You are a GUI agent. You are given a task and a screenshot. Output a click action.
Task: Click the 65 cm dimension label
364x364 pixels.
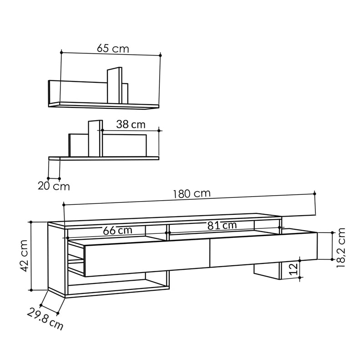point(113,49)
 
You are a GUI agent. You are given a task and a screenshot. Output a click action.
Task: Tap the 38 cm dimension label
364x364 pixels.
point(131,124)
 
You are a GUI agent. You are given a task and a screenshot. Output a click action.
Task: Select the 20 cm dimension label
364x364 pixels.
point(54,186)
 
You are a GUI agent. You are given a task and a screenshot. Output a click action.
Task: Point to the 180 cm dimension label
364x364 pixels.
point(192,194)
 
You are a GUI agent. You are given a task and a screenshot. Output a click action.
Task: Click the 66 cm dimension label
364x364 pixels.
point(117,231)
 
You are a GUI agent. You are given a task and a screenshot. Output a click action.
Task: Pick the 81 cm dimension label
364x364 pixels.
point(222,225)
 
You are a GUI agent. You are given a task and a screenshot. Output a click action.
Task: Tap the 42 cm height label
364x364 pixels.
point(24,256)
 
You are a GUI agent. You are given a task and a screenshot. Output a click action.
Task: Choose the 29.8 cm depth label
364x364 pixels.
point(45,319)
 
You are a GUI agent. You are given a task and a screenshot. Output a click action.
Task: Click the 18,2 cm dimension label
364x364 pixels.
point(341,248)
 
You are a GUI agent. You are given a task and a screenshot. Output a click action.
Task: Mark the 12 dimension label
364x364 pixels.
point(294,269)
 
